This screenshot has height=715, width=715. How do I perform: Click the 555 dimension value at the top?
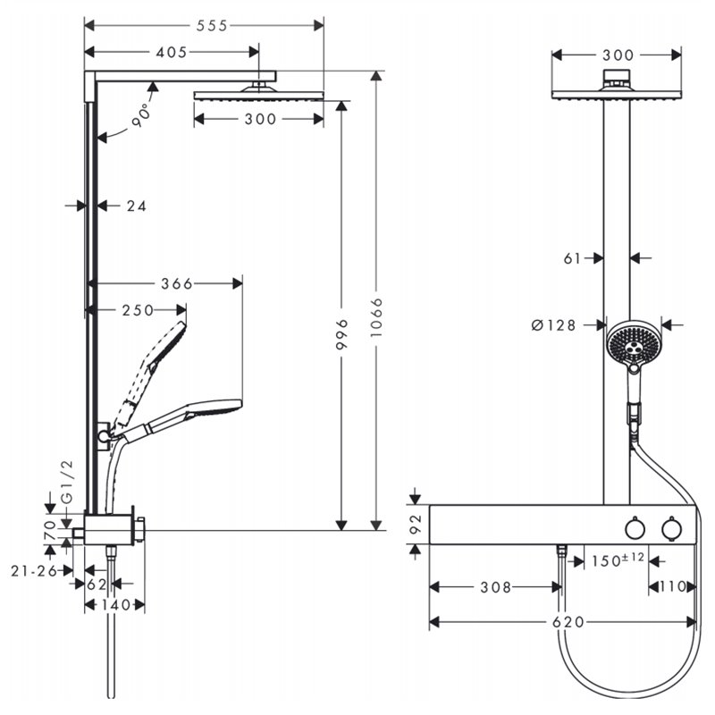pyautogui.click(x=212, y=26)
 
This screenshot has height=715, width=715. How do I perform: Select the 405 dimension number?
pyautogui.click(x=172, y=53)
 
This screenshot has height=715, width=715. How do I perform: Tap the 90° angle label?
pyautogui.click(x=141, y=115)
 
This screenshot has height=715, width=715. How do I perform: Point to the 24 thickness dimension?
pyautogui.click(x=137, y=206)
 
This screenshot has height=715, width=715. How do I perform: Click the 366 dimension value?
pyautogui.click(x=177, y=283)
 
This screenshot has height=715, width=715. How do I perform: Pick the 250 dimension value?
pyautogui.click(x=138, y=310)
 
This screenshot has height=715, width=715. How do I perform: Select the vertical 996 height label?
pyautogui.click(x=341, y=334)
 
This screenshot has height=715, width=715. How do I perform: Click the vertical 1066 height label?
pyautogui.click(x=376, y=317)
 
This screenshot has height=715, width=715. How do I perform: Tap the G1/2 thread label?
pyautogui.click(x=66, y=481)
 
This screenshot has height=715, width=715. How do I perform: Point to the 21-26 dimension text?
pyautogui.click(x=34, y=570)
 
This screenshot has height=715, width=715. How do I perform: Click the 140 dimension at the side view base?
pyautogui.click(x=116, y=605)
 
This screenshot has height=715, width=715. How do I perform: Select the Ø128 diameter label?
pyautogui.click(x=553, y=325)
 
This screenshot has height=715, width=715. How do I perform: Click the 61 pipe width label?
pyautogui.click(x=572, y=258)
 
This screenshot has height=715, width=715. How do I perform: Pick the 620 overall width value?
pyautogui.click(x=568, y=622)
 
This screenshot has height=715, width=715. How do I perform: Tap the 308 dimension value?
pyautogui.click(x=496, y=587)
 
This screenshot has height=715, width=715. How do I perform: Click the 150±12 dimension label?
pyautogui.click(x=618, y=559)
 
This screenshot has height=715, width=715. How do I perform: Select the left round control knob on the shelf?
pyautogui.click(x=635, y=529)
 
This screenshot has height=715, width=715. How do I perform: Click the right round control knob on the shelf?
pyautogui.click(x=672, y=529)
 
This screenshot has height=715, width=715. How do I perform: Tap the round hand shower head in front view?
pyautogui.click(x=631, y=343)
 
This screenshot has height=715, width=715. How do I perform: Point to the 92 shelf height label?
pyautogui.click(x=416, y=525)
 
